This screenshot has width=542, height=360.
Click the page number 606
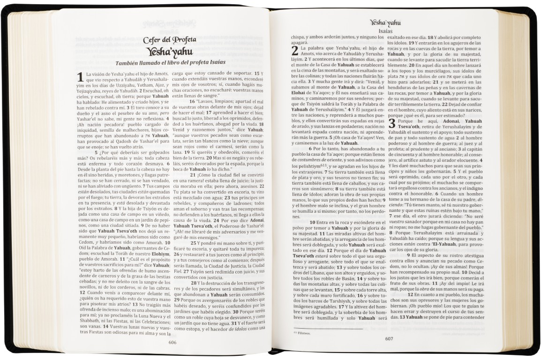173,343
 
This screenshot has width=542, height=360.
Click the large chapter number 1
80,77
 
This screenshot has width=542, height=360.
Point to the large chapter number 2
295,51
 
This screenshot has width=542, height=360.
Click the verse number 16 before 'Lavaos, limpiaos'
192,101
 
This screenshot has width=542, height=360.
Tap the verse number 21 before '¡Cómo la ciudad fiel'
193,175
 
